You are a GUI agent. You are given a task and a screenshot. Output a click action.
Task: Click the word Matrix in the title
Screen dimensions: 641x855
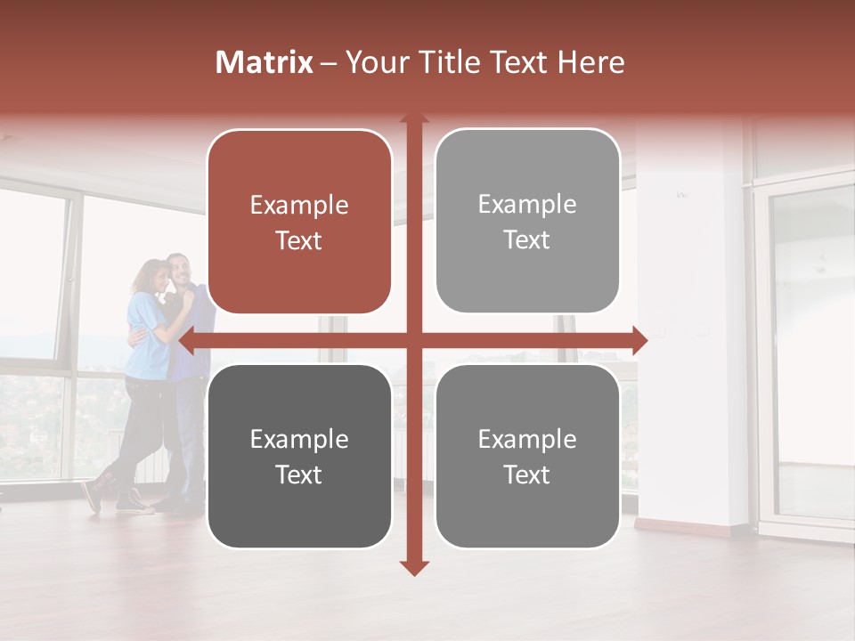[x=264, y=62]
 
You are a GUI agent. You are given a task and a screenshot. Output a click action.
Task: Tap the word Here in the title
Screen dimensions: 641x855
[x=590, y=62]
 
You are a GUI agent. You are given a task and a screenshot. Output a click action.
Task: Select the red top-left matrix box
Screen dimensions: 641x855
[x=299, y=222]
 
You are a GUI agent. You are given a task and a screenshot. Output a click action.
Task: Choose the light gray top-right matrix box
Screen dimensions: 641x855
[x=527, y=221]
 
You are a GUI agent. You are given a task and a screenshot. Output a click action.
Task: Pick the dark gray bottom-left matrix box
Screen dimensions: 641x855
[x=299, y=456]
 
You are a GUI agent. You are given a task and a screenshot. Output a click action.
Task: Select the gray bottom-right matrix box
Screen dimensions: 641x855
[x=527, y=456]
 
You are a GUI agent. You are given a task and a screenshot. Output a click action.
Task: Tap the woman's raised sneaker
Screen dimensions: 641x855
[x=92, y=495]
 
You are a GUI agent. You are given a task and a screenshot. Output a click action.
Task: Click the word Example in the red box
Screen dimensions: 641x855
[x=299, y=205]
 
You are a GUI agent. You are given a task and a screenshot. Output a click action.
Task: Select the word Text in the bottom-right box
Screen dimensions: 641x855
[x=527, y=475]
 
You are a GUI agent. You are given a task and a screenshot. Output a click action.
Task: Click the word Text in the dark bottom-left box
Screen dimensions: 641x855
[x=299, y=475]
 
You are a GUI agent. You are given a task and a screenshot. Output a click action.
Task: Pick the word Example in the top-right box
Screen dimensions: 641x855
[x=527, y=204]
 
